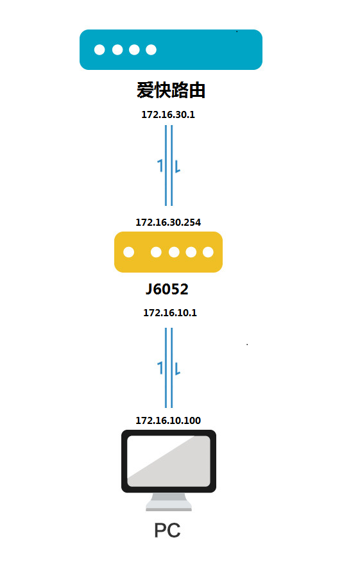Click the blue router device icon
coord(171,49)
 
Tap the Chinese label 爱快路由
coord(171,90)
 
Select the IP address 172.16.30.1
coord(168,115)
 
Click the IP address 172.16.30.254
coord(168,222)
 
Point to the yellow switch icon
coord(168,252)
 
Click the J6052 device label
coord(167,289)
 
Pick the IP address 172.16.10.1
coord(170,312)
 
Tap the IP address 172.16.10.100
coord(168,420)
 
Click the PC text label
coord(167,530)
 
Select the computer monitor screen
coord(169,461)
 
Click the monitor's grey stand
coord(169,502)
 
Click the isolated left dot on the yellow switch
coord(128,252)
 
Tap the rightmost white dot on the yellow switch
coord(208,252)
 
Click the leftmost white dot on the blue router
coord(99,49)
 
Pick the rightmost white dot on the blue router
coord(151,49)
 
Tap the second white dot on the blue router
coord(117,49)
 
